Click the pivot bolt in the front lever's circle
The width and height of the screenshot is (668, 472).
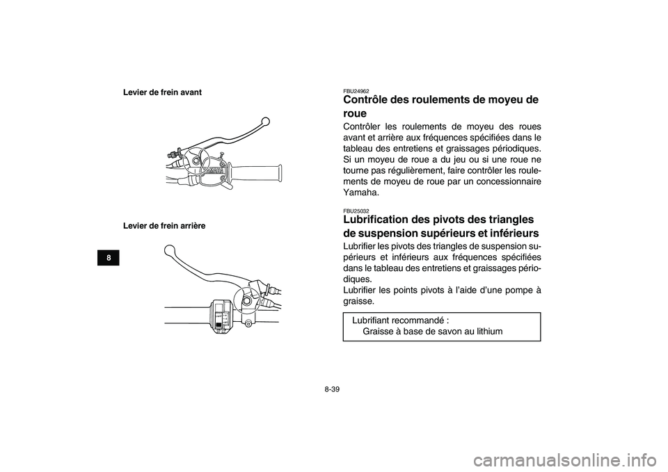pyautogui.click(x=198, y=161)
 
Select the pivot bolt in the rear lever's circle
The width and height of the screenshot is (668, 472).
pyautogui.click(x=248, y=301)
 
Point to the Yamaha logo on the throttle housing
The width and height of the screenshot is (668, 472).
pyautogui.click(x=214, y=170)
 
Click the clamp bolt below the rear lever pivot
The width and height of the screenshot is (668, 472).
pyautogui.click(x=248, y=324)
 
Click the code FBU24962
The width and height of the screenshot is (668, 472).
pyautogui.click(x=356, y=91)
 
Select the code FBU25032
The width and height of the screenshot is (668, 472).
pyautogui.click(x=356, y=211)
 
